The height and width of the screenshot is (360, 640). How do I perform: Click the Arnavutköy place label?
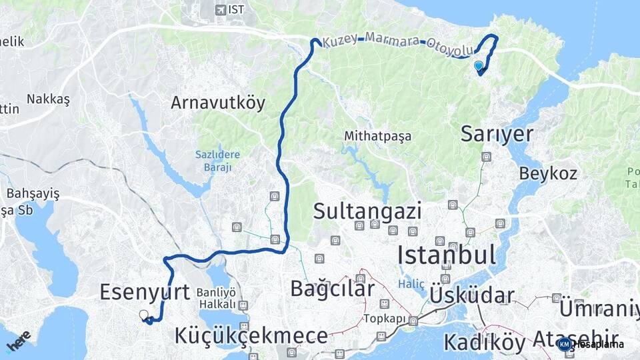pyautogui.click(x=218, y=103)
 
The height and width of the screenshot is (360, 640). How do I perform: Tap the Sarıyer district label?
pyautogui.click(x=497, y=134)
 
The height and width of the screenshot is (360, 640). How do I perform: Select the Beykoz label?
pyautogui.click(x=548, y=173)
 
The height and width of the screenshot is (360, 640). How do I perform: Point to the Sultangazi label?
pyautogui.click(x=367, y=212)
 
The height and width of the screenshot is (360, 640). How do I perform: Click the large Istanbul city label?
pyautogui.click(x=447, y=255)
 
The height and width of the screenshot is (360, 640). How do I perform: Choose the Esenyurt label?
pyautogui.click(x=145, y=291)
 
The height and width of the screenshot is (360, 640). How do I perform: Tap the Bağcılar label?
pyautogui.click(x=332, y=288)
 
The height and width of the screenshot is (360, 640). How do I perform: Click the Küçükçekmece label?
pyautogui.click(x=251, y=336)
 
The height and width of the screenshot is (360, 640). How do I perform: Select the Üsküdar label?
pyautogui.click(x=472, y=295)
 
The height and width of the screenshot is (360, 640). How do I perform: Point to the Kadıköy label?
pyautogui.click(x=483, y=342)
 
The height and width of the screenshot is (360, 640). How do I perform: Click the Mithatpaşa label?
pyautogui.click(x=377, y=136)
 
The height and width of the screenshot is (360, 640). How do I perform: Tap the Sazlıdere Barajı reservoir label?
pyautogui.click(x=217, y=161)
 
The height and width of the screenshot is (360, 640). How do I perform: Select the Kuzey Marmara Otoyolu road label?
pyautogui.click(x=397, y=44)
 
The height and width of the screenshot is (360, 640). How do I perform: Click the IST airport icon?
pyautogui.click(x=221, y=9)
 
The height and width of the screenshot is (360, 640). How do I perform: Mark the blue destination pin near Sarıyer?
pyautogui.click(x=479, y=66)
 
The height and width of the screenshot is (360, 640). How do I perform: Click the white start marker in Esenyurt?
pyautogui.click(x=143, y=314)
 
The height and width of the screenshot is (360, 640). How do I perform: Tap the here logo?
pyautogui.click(x=19, y=341)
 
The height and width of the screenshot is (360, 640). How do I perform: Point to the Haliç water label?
pyautogui.click(x=411, y=284)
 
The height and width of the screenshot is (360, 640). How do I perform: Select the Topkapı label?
pyautogui.click(x=385, y=319)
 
